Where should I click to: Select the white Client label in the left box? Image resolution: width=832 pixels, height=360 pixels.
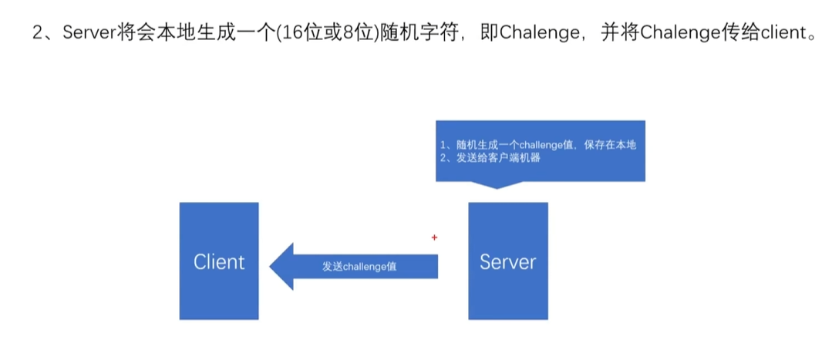[219, 261]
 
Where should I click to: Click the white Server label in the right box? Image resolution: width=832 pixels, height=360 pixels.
[507, 261]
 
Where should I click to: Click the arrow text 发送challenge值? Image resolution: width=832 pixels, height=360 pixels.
[360, 266]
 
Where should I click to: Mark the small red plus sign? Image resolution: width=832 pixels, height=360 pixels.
[434, 237]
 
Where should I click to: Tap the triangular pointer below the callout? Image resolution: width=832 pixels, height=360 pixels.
[497, 185]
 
